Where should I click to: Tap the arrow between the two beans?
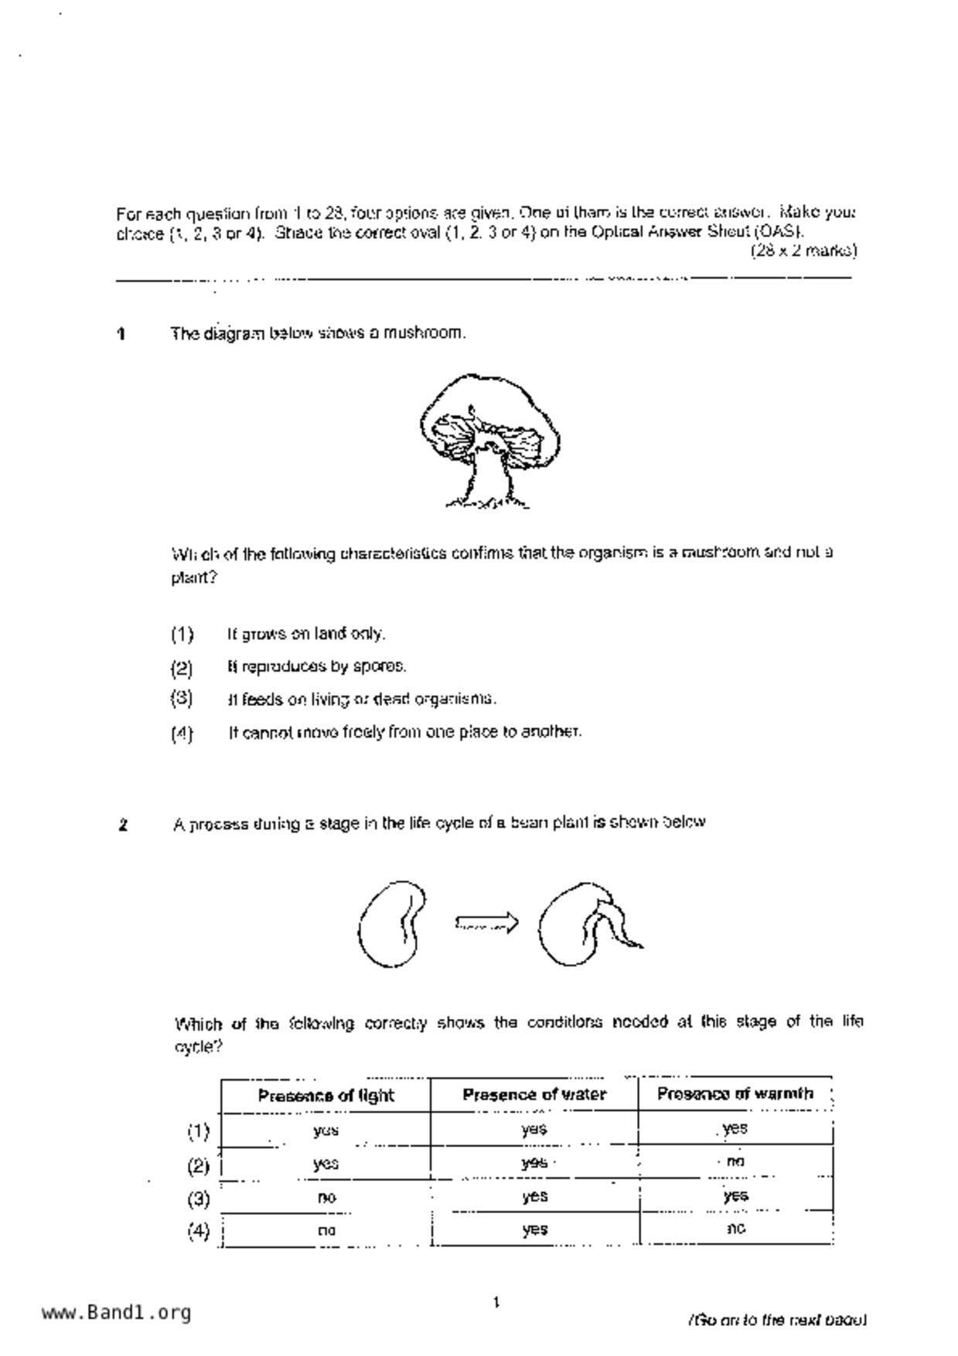[x=487, y=922]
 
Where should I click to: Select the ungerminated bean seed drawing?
[x=391, y=924]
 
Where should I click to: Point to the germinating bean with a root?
[x=588, y=925]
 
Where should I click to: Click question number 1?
[x=121, y=334]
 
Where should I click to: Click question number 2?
[x=123, y=825]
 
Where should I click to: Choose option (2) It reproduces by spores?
[x=316, y=666]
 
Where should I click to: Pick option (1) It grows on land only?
[x=305, y=634]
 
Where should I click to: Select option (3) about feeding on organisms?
[x=361, y=699]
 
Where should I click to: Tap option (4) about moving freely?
[x=404, y=731]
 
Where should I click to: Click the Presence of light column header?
[x=326, y=1095]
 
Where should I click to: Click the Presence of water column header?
[x=534, y=1095]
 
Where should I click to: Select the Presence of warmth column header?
[x=735, y=1094]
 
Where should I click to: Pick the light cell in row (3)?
[x=326, y=1198]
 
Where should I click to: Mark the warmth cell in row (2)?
[x=735, y=1162]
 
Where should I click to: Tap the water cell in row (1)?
[x=534, y=1129]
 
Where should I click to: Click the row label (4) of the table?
[x=198, y=1231]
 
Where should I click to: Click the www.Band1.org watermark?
[x=116, y=1313]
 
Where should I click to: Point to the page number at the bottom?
[x=496, y=1303]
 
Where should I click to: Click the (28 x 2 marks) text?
[x=803, y=250]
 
